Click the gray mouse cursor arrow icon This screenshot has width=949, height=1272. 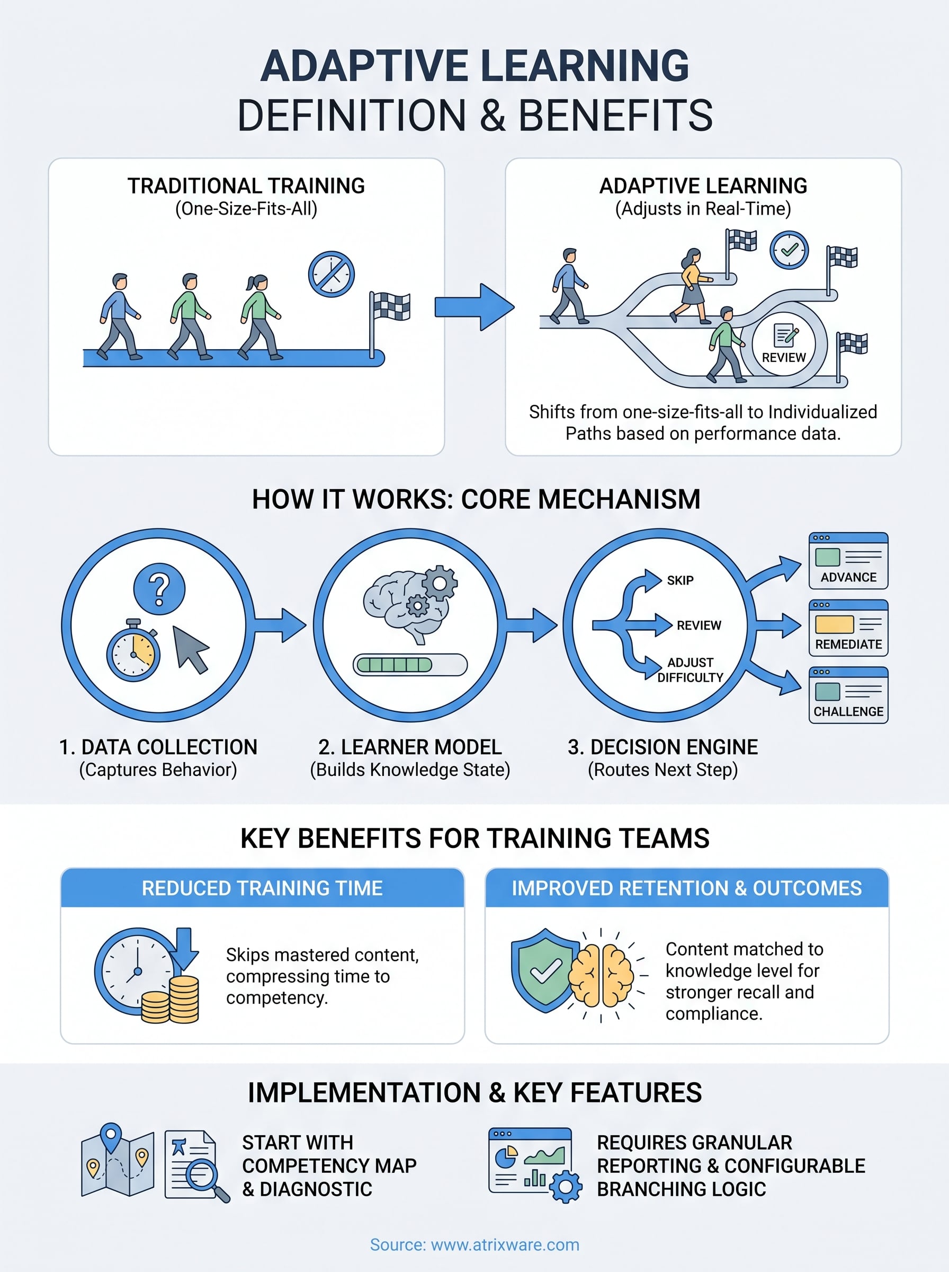click(191, 649)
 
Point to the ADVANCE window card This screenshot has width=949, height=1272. click(848, 561)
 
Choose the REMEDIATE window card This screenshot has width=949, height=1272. click(848, 628)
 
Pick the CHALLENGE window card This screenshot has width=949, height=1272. click(848, 695)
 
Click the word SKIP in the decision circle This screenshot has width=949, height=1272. click(680, 580)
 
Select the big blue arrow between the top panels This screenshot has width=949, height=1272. click(474, 307)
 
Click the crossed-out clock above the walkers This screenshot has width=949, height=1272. click(331, 274)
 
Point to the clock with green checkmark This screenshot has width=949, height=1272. click(789, 250)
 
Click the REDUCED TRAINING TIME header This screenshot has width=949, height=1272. click(262, 888)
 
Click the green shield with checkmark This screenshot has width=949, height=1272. click(544, 970)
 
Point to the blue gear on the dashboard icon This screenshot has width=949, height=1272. click(566, 1186)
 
